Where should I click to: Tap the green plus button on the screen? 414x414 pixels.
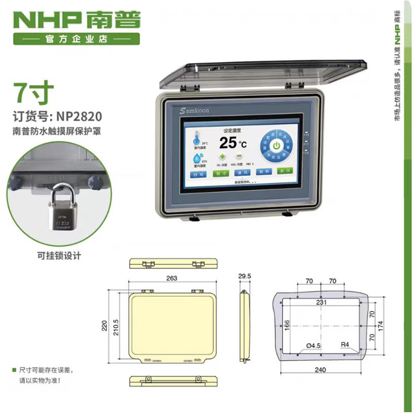[223, 157]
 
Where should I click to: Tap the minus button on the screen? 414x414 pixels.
[239, 157]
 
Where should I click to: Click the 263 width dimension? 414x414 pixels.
[172, 278]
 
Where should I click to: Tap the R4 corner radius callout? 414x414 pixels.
[345, 344]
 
